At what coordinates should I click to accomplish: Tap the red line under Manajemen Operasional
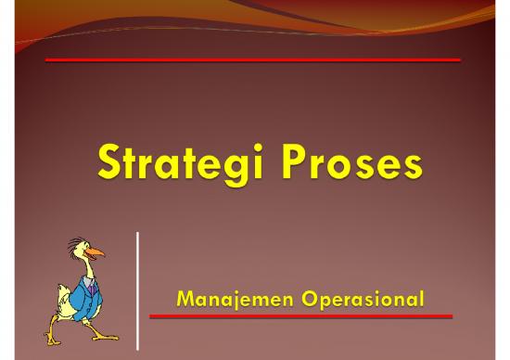300,316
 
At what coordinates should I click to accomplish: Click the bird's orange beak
96,251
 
